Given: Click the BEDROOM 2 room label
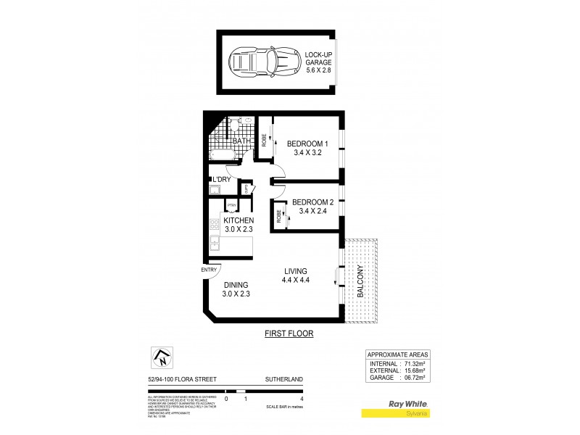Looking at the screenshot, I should click(x=312, y=207).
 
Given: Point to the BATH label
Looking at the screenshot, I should click(x=232, y=141).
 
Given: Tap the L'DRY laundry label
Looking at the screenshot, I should click(x=221, y=179).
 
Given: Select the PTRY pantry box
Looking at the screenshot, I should click(x=231, y=206).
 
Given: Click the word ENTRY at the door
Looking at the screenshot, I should click(x=210, y=270).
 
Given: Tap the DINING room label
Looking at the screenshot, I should click(x=236, y=289).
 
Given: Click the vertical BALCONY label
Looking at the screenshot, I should click(x=360, y=281).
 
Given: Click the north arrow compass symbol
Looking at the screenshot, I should click(x=160, y=357).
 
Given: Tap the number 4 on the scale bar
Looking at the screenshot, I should click(x=301, y=399).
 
